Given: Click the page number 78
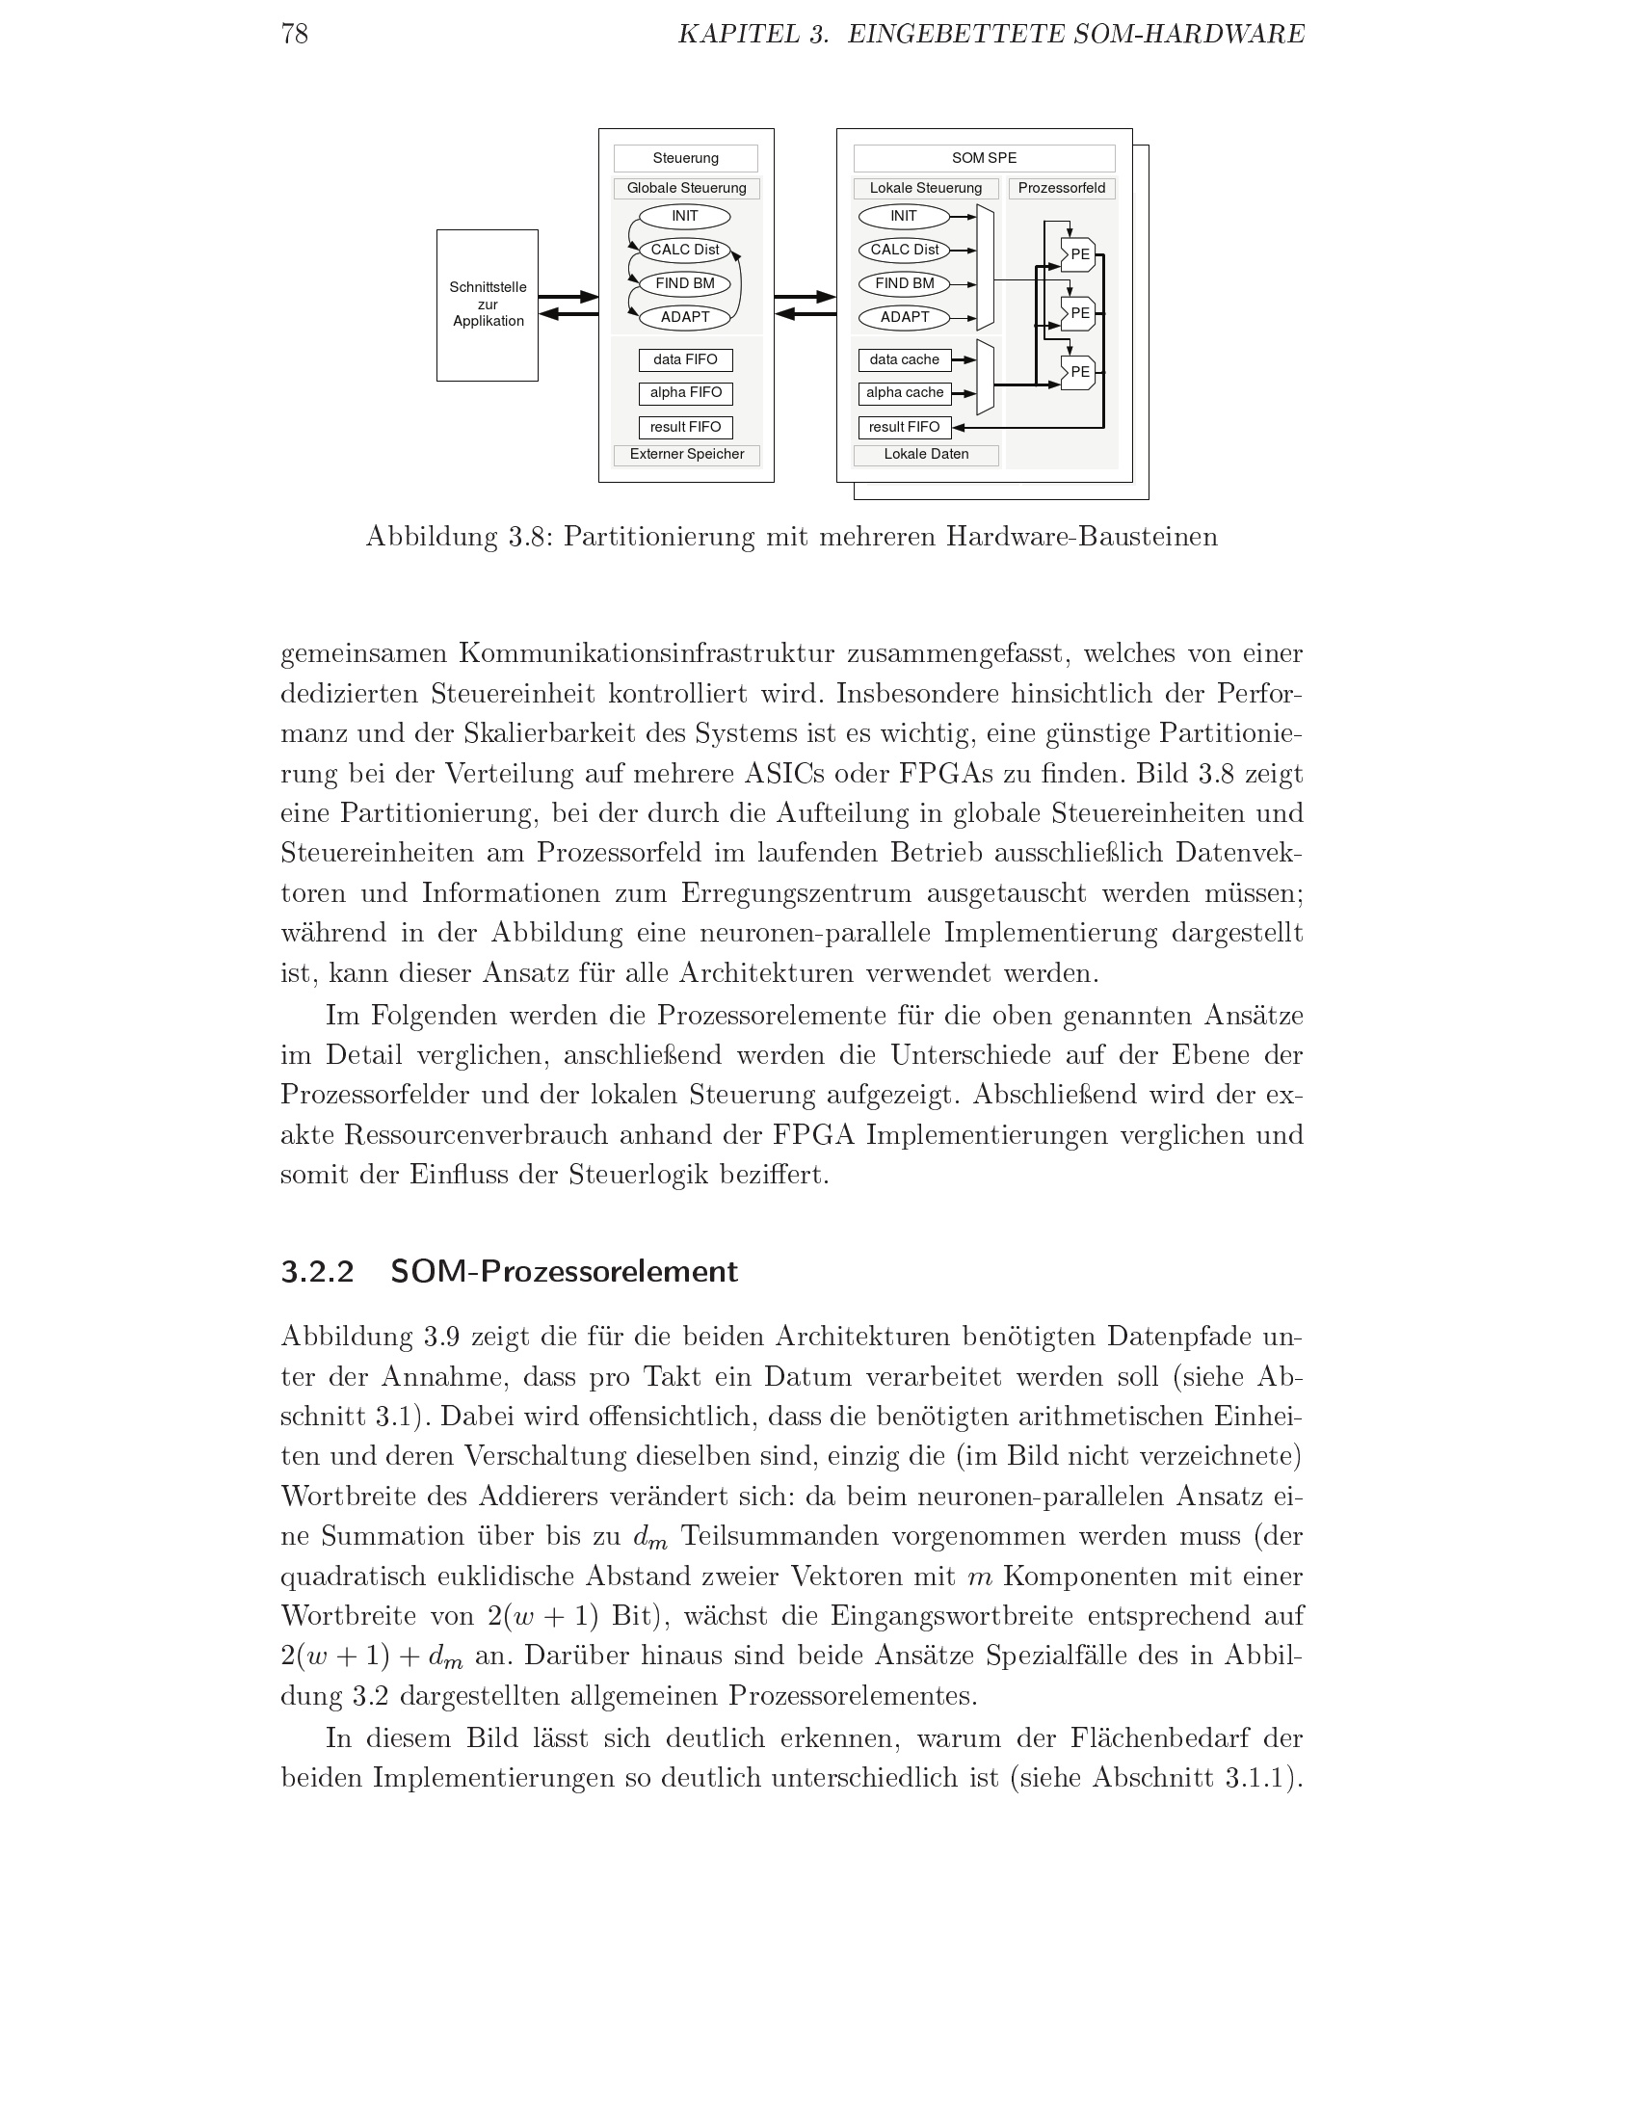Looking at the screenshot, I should coord(294,34).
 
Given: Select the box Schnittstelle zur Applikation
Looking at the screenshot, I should coord(488,305).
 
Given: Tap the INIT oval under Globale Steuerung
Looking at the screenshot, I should coord(685,217).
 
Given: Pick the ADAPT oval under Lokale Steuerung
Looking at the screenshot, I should coord(905,317).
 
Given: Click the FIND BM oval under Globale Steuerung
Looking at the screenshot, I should coord(685,284).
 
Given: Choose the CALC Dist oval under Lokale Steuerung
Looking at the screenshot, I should coord(905,251).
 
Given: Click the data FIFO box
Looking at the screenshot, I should coord(685,360).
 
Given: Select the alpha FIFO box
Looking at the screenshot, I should coord(685,393).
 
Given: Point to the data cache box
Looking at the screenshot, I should coord(905,360).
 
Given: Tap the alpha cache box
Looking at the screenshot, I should coord(905,393).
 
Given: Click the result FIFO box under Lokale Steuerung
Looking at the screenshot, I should coord(905,427).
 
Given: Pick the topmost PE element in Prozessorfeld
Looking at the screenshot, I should coord(1078,255).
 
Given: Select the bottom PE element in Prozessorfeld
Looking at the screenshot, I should coord(1078,373).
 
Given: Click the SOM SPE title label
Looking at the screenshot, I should coord(984,158).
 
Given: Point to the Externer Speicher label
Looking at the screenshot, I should coord(686,454).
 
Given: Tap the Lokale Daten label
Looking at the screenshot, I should coord(926,454).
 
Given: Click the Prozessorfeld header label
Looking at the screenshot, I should coord(1062,188).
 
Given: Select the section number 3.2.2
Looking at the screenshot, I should coord(317,1272).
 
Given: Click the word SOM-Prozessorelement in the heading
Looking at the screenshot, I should coord(564,1272).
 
